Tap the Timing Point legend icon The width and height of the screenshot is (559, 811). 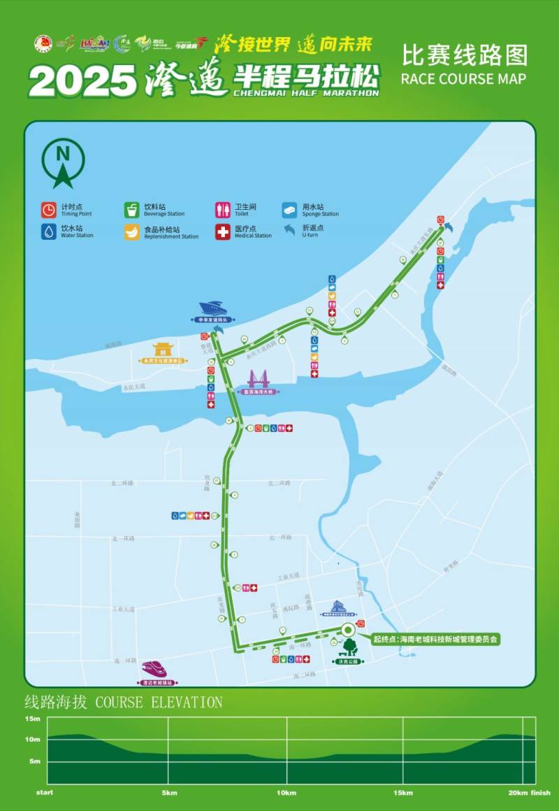tap(48, 210)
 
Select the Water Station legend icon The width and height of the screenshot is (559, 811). tap(48, 231)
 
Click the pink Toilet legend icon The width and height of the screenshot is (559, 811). tap(223, 210)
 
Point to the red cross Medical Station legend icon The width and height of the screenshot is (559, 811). tap(223, 231)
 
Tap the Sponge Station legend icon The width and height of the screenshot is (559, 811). tap(290, 210)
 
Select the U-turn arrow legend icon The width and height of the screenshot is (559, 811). tap(290, 229)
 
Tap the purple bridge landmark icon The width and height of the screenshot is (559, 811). tap(258, 380)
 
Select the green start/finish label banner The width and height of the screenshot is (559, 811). tap(435, 639)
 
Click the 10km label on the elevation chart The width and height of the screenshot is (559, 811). tap(286, 793)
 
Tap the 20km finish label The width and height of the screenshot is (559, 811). tap(530, 793)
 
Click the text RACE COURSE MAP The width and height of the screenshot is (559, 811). tap(463, 78)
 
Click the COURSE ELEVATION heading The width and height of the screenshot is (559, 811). tap(123, 702)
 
